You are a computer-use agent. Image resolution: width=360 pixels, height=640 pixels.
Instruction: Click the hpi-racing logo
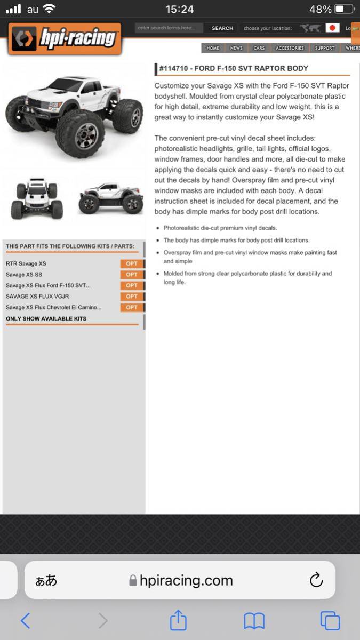click(x=65, y=38)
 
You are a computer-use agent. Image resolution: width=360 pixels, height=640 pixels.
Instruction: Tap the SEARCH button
click(x=222, y=28)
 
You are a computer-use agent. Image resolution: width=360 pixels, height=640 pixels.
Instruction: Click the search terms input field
click(x=169, y=28)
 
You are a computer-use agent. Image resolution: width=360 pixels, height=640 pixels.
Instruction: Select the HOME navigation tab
click(x=213, y=48)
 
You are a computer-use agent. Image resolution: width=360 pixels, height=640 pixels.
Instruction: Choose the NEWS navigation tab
click(x=236, y=48)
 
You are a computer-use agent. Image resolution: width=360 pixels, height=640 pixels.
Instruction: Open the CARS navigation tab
click(x=259, y=48)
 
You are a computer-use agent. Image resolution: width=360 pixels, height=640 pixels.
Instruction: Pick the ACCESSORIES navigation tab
click(x=290, y=48)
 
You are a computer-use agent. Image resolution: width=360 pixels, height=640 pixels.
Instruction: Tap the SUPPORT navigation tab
click(x=324, y=48)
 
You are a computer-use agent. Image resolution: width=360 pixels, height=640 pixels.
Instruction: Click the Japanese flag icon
click(x=333, y=28)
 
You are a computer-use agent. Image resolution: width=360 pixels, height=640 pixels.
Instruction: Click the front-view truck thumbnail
click(x=37, y=198)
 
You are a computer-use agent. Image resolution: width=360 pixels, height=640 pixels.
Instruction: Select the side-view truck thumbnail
click(x=110, y=199)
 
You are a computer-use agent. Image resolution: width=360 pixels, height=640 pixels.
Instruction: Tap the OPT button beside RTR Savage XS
click(x=132, y=263)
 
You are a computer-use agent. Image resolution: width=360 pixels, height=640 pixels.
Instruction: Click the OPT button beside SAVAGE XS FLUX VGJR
click(x=132, y=297)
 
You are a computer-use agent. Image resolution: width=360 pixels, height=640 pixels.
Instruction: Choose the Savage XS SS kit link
click(x=24, y=275)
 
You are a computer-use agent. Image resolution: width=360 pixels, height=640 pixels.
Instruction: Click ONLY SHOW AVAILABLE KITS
click(x=46, y=319)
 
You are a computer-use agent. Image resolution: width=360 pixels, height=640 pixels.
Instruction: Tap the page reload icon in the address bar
click(x=316, y=580)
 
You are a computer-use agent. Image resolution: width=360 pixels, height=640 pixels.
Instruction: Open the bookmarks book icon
click(x=254, y=621)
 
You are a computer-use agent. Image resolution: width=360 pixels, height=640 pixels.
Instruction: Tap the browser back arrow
click(x=25, y=621)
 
